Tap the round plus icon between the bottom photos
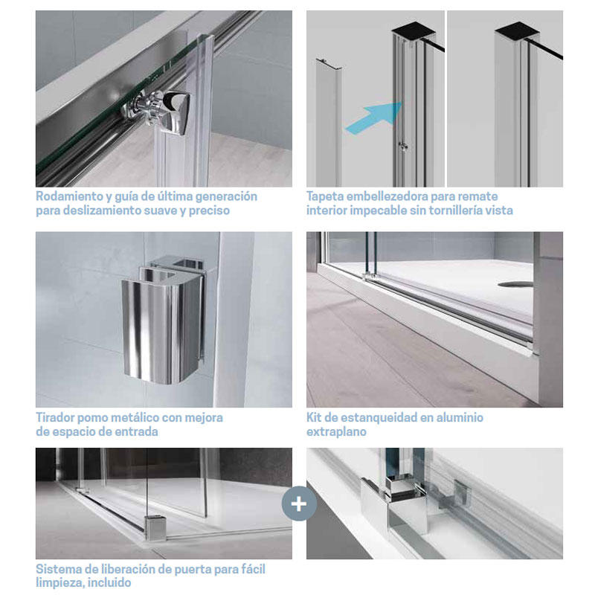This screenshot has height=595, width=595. (299, 504)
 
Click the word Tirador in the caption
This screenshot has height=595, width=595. (56, 418)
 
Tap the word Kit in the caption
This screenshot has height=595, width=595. (314, 418)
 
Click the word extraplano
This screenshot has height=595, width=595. (336, 432)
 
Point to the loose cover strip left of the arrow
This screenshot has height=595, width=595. (329, 122)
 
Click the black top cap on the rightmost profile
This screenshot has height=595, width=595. (518, 29)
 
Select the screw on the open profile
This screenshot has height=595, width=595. (403, 146)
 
